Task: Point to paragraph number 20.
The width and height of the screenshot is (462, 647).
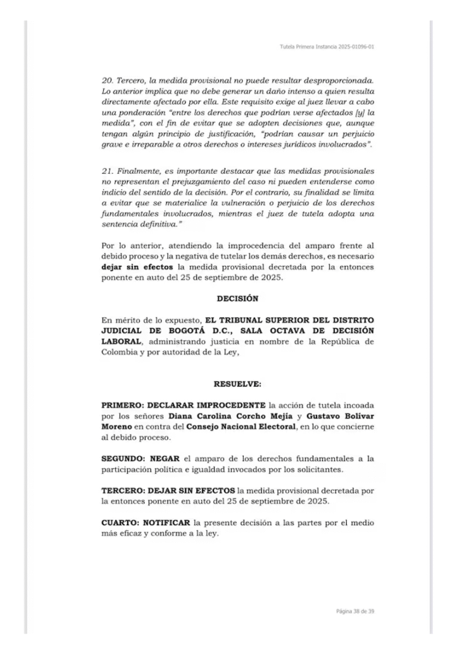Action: coord(106,82)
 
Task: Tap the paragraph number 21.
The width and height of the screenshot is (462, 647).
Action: coord(106,171)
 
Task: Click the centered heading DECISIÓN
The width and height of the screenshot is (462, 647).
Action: coord(237,298)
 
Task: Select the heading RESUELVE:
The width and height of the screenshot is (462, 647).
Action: coord(237,384)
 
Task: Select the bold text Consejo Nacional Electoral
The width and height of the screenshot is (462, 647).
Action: coord(246,427)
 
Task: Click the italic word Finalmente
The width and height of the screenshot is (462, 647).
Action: coord(140,171)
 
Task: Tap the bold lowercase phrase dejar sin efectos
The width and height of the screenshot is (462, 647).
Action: coord(137,267)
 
